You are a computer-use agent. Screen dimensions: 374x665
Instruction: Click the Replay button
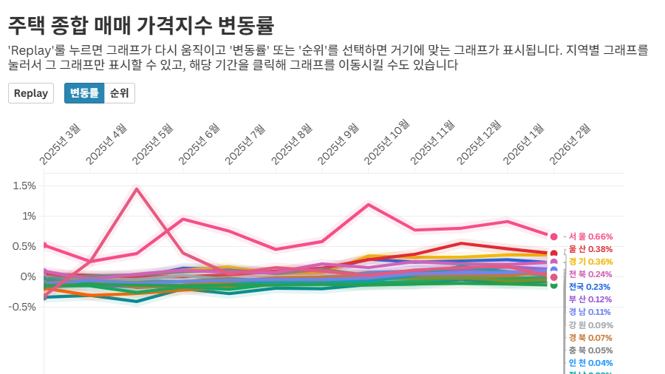[x=30, y=93]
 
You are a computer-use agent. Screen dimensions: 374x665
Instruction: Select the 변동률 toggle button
[x=84, y=93]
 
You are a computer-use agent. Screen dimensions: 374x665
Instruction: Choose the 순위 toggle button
[x=119, y=93]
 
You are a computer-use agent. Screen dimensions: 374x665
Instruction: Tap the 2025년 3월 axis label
[x=60, y=145]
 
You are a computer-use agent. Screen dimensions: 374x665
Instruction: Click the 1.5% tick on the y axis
[x=24, y=186]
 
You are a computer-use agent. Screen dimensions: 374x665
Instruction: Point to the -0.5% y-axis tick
[x=22, y=307]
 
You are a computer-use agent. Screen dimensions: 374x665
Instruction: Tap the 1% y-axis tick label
[x=28, y=216]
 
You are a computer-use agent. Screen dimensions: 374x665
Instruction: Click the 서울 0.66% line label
[x=591, y=237]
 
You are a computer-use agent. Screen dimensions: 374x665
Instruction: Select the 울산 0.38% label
[x=591, y=249]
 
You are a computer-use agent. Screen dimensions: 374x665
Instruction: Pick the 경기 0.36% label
[x=591, y=262]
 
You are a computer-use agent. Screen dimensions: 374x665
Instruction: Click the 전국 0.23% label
[x=590, y=287]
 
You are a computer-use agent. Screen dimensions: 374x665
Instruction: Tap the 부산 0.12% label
[x=590, y=299]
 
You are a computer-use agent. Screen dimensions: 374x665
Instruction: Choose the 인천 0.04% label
[x=590, y=363]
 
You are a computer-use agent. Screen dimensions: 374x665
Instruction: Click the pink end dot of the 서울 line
[x=553, y=236]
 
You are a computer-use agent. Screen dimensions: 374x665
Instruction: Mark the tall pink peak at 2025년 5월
[x=137, y=188]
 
